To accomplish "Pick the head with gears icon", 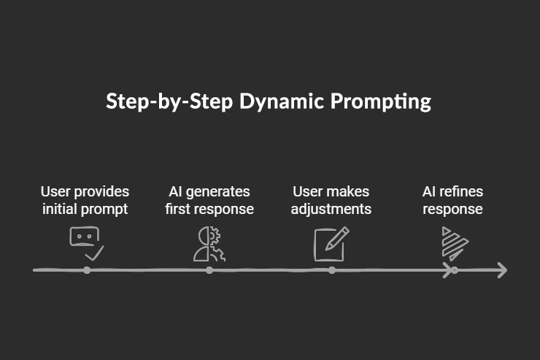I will point(209,244).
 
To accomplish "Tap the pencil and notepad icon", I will point(331,244).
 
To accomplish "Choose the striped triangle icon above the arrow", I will point(453,244).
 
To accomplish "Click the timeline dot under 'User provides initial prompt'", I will point(87,270).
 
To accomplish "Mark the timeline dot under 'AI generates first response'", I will point(209,270).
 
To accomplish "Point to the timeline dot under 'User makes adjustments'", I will point(332,270).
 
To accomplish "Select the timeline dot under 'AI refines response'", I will point(454,270).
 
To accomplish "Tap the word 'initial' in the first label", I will point(61,209).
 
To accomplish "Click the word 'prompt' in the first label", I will point(106,210).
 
